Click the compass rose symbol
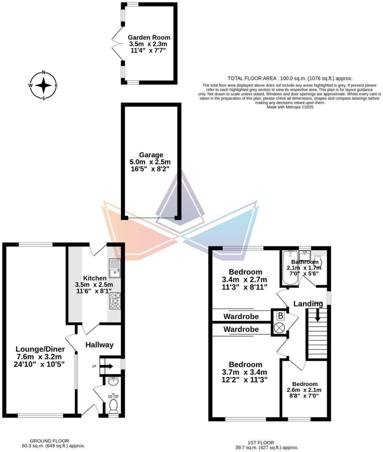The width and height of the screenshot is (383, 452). coord(43,86)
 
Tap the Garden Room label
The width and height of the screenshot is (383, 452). coord(149,38)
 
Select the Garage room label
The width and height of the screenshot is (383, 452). coord(151,155)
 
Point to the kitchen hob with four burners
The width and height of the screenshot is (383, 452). coord(115,301)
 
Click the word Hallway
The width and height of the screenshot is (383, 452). coord(99,345)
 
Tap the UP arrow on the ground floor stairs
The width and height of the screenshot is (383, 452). coord(108,366)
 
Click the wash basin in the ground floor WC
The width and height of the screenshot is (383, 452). coord(113,381)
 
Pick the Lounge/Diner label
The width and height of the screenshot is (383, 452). coord(40,349)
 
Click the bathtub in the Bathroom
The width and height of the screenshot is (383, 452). coord(290,268)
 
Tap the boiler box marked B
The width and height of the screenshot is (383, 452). coord(280,316)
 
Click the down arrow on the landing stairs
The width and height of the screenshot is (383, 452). coord(318,316)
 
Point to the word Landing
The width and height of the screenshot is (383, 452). coord(308,304)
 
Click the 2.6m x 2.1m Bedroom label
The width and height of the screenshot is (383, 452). coord(304,384)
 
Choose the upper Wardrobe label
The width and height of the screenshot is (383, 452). coord(241,317)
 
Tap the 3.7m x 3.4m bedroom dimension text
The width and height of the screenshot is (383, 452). coord(244,372)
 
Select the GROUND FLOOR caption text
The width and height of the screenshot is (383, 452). coord(49,441)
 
